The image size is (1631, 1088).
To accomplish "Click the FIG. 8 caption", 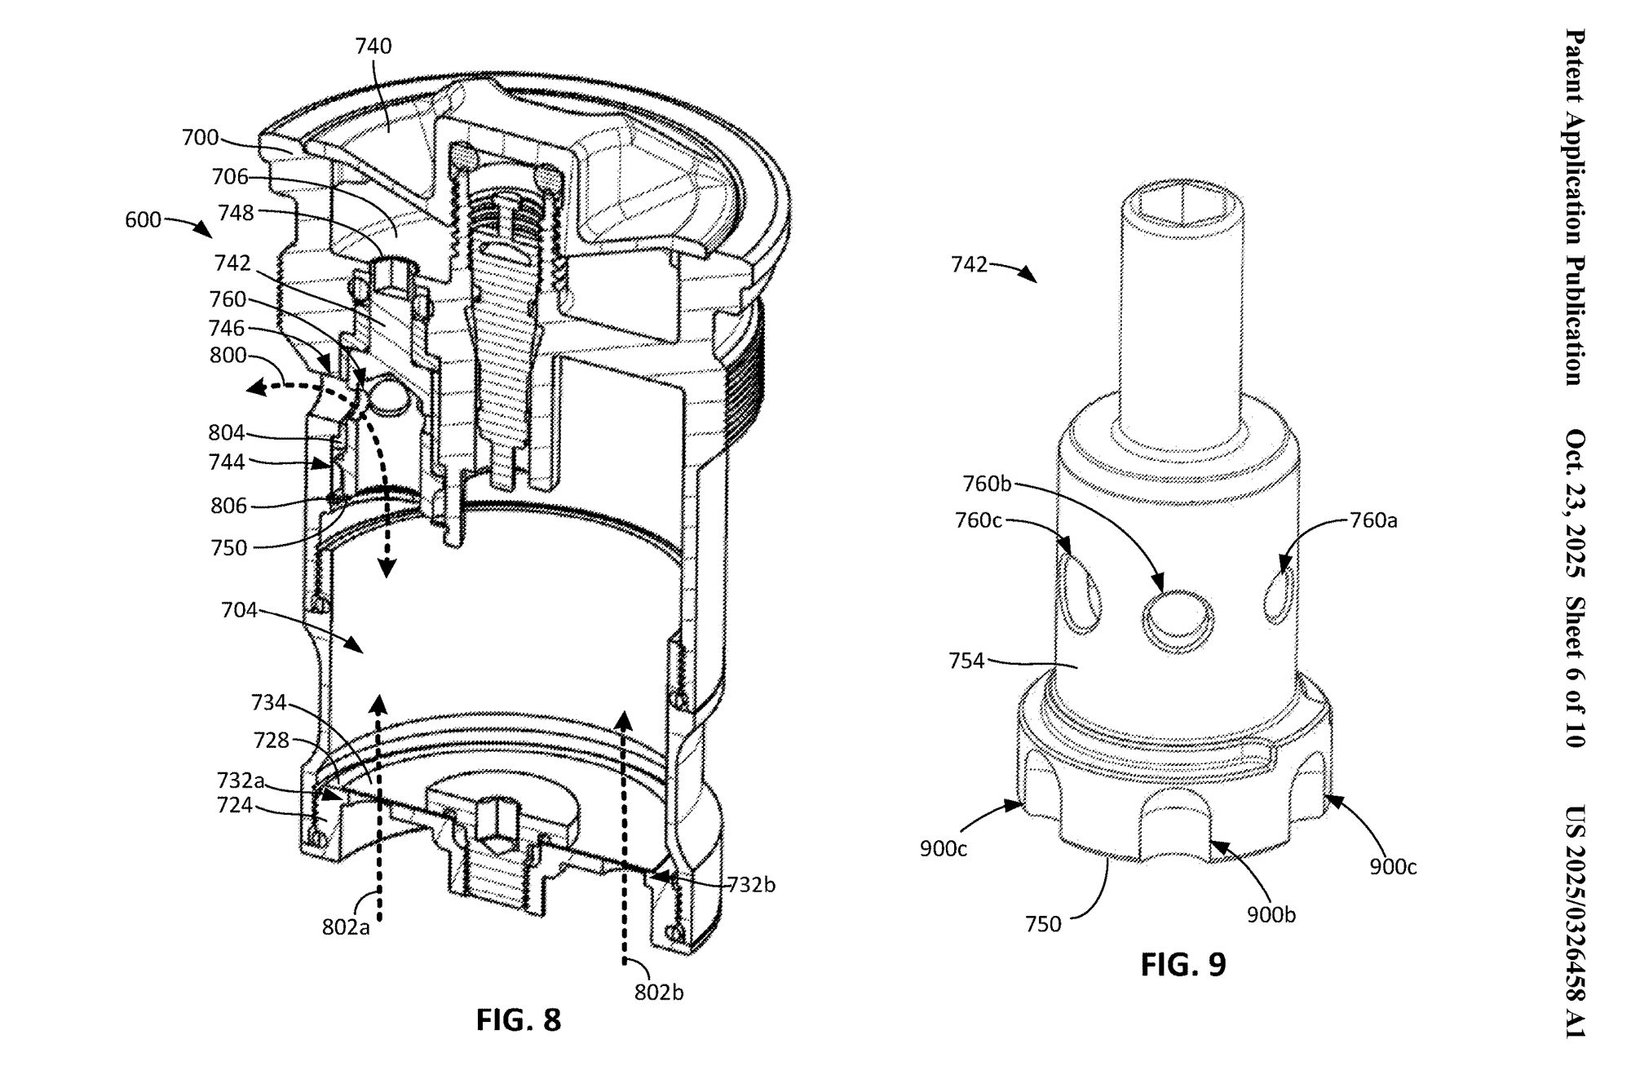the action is [x=519, y=1020].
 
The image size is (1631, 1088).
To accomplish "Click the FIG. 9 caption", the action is [x=1183, y=965].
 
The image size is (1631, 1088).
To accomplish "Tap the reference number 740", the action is [x=373, y=46].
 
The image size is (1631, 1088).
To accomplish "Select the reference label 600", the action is [x=143, y=220].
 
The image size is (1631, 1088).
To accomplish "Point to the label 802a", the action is [x=346, y=927].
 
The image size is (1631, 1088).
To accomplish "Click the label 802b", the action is [x=659, y=993].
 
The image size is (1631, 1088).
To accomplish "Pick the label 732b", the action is [x=750, y=884].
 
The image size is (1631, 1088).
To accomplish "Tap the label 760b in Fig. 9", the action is [x=987, y=484].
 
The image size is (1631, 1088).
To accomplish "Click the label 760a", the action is [x=1374, y=520].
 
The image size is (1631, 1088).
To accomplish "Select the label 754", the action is [x=967, y=661].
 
